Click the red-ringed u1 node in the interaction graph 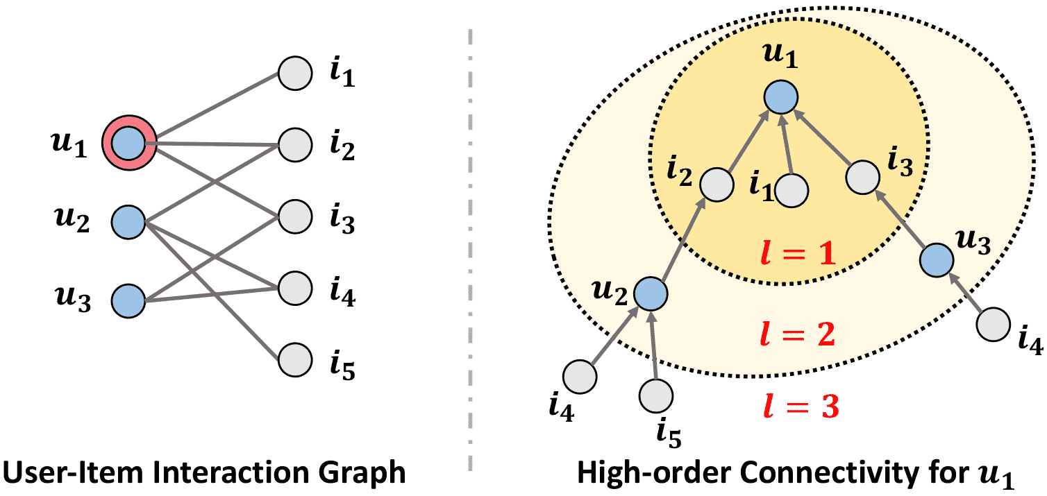click(x=128, y=144)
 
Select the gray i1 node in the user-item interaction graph click(x=296, y=73)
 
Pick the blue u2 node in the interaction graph click(x=128, y=223)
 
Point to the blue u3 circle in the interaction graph click(x=128, y=302)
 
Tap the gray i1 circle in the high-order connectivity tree click(x=791, y=189)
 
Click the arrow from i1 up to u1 click(x=787, y=146)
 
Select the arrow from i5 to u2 click(x=653, y=347)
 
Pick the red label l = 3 click(x=796, y=409)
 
